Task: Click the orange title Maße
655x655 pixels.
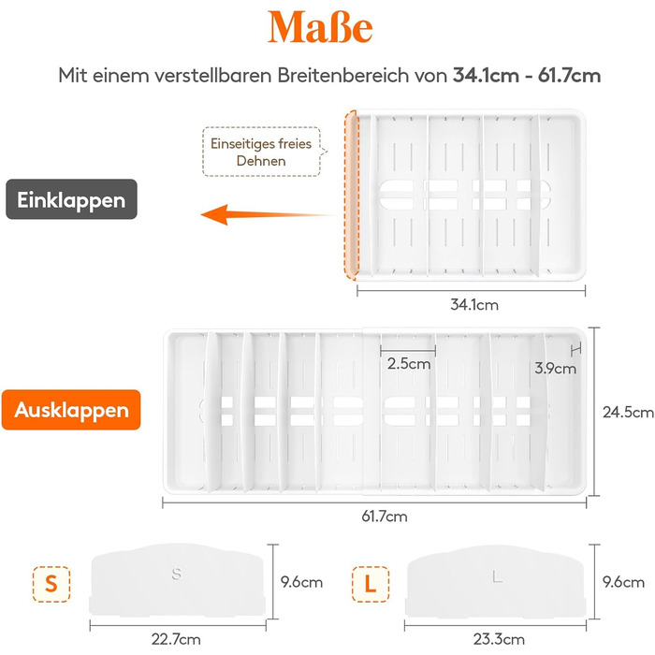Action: [320, 27]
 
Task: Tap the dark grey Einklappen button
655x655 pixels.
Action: [71, 199]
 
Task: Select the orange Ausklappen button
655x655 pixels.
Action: [71, 410]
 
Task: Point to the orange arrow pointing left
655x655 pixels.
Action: [268, 214]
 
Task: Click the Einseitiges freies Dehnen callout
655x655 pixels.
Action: [261, 152]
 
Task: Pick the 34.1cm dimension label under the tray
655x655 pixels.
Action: [474, 304]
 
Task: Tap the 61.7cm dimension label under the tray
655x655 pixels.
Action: [385, 517]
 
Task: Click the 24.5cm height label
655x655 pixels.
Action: [628, 413]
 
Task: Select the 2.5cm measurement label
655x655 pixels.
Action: [409, 363]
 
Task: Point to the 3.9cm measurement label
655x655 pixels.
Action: [555, 368]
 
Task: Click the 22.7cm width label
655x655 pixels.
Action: [176, 639]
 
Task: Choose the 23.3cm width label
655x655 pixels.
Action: [499, 639]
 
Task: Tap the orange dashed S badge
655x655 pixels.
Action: [51, 584]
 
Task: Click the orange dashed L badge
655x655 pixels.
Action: [371, 584]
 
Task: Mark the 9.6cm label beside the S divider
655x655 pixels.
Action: [301, 582]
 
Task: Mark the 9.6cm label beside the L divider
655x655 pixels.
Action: [623, 582]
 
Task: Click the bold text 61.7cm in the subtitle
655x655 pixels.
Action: [569, 76]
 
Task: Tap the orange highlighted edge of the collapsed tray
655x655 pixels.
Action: [352, 195]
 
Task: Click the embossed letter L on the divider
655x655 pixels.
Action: [497, 577]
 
